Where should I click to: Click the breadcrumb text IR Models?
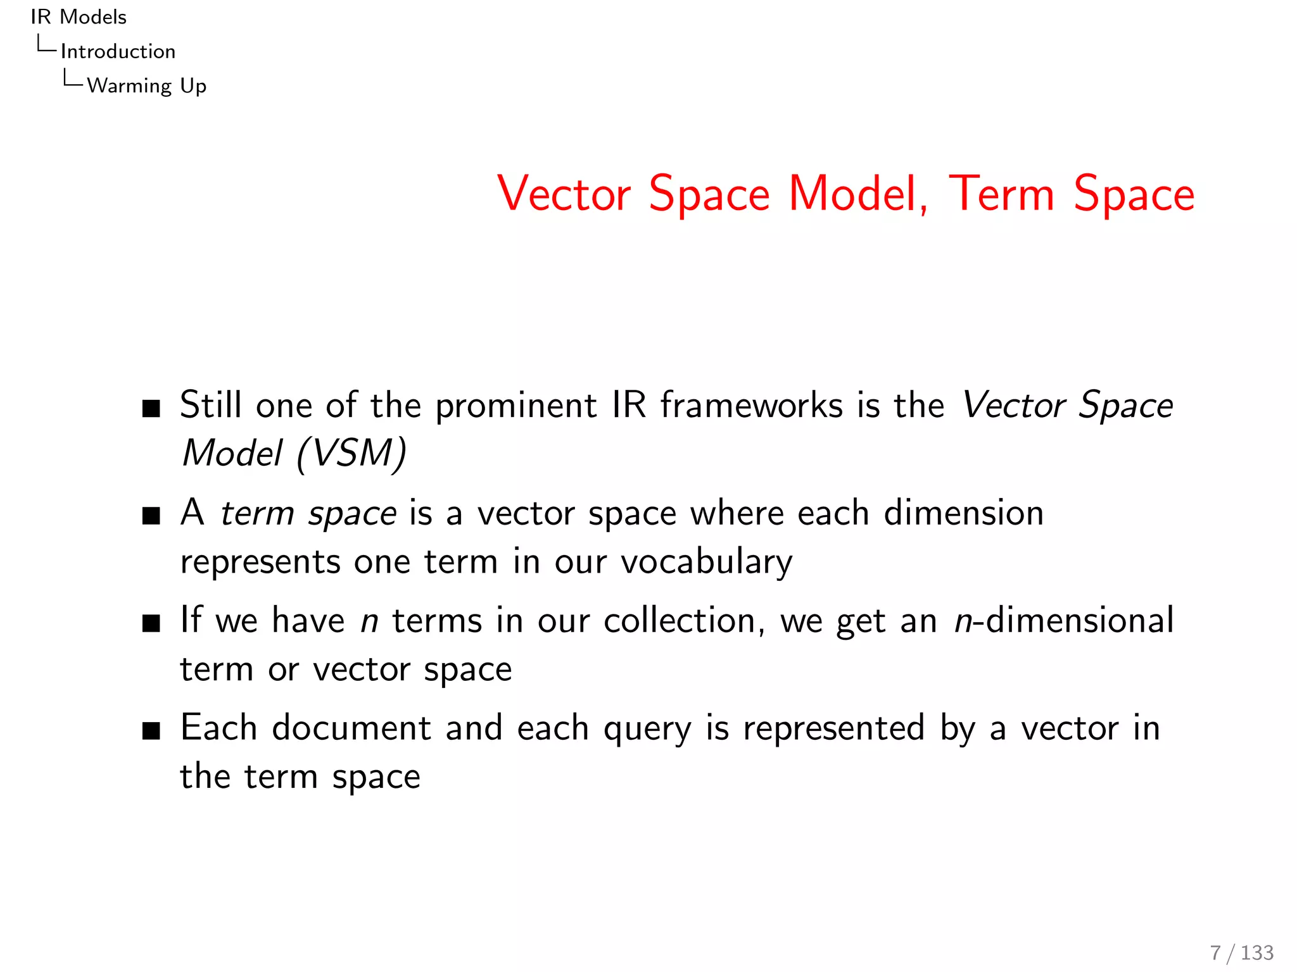(x=79, y=17)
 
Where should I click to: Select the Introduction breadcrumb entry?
(x=118, y=51)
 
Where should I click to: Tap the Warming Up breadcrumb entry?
(x=146, y=85)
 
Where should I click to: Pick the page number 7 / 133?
(x=1241, y=952)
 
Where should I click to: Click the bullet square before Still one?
(x=151, y=408)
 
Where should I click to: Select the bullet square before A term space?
(x=151, y=516)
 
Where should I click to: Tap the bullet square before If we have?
(x=151, y=623)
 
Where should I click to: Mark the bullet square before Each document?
(x=151, y=731)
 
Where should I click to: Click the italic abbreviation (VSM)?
(x=351, y=454)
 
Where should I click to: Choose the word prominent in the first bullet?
(x=516, y=406)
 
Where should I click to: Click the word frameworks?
(x=752, y=406)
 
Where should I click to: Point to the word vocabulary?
(x=706, y=562)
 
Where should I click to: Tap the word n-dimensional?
(x=1064, y=621)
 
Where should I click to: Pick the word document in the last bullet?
(x=351, y=728)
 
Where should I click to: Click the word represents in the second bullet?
(x=260, y=562)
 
